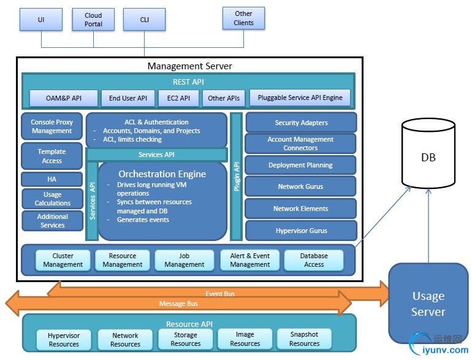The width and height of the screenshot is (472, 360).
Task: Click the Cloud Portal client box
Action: pyautogui.click(x=94, y=20)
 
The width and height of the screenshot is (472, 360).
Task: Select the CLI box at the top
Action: pyautogui.click(x=145, y=20)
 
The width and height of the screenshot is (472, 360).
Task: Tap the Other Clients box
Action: pyautogui.click(x=243, y=19)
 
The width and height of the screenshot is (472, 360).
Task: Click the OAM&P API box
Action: pyautogui.click(x=64, y=98)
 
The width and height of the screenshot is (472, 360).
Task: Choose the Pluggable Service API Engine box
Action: pyautogui.click(x=300, y=98)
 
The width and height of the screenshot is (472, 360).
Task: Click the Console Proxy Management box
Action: pyautogui.click(x=52, y=126)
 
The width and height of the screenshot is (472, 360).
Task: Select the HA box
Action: pyautogui.click(x=52, y=179)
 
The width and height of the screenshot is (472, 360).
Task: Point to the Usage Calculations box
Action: pyautogui.click(x=52, y=199)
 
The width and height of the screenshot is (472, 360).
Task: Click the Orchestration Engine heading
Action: pyautogui.click(x=162, y=174)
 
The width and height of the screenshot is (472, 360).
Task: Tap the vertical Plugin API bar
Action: pyautogui.click(x=237, y=176)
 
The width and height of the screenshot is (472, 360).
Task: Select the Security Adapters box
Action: pyautogui.click(x=300, y=123)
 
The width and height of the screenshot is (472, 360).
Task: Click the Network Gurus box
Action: pyautogui.click(x=300, y=186)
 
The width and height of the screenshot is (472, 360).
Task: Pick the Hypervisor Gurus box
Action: pyautogui.click(x=300, y=231)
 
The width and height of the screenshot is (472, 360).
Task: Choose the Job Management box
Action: pyautogui.click(x=184, y=260)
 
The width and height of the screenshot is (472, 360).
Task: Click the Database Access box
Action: pyautogui.click(x=313, y=260)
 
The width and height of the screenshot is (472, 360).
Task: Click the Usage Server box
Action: pyautogui.click(x=428, y=304)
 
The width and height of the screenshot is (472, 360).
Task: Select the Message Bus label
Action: pyautogui.click(x=178, y=304)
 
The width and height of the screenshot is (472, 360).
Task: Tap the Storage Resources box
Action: pyautogui.click(x=185, y=339)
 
